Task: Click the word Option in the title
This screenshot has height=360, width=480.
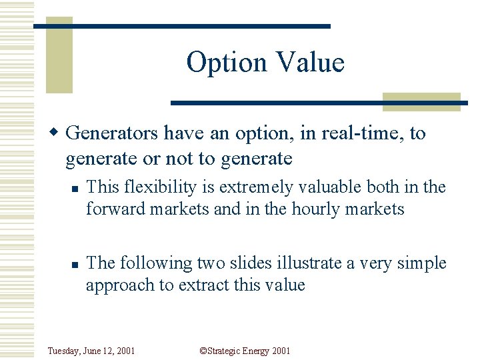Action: click(223, 63)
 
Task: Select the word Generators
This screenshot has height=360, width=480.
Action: click(112, 133)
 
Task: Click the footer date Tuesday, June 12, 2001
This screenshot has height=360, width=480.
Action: click(91, 351)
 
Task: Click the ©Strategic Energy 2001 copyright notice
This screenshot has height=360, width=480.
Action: click(245, 351)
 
